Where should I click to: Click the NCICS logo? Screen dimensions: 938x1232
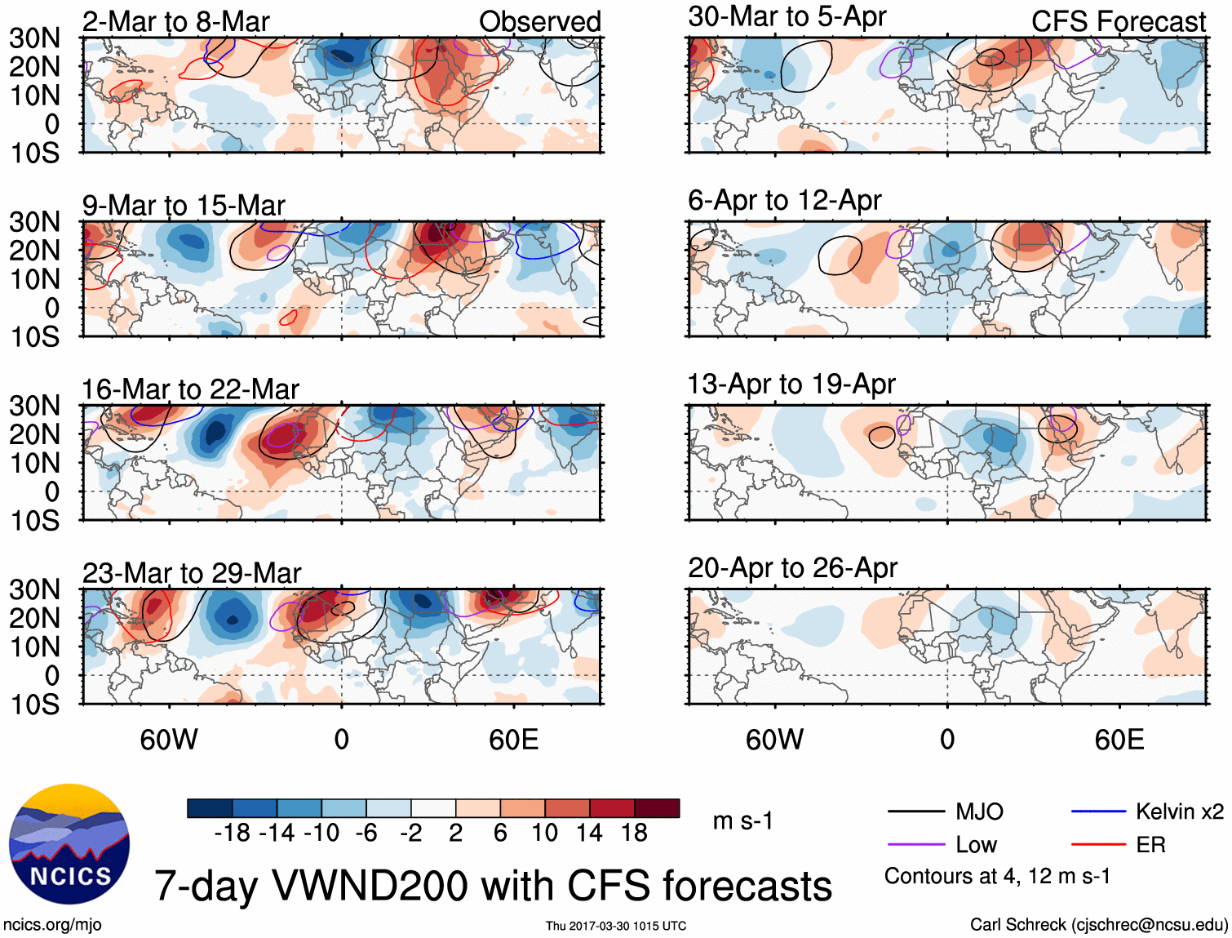click(69, 844)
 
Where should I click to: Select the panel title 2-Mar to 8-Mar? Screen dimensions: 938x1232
click(175, 22)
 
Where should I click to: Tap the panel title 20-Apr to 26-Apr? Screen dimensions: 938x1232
click(792, 567)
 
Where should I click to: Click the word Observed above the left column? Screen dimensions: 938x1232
click(539, 22)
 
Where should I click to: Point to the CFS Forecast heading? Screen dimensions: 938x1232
click(1118, 22)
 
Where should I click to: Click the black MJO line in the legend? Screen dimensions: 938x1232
click(916, 811)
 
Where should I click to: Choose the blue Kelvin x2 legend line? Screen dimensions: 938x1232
click(1099, 811)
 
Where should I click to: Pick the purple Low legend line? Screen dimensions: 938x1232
click(916, 845)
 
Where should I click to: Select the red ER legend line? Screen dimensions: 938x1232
click(1099, 845)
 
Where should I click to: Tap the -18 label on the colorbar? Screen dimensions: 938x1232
click(232, 833)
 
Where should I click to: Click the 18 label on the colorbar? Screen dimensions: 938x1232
click(634, 833)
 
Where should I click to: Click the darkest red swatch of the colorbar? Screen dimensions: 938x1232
click(657, 808)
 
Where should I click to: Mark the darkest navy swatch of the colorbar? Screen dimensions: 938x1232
click(210, 808)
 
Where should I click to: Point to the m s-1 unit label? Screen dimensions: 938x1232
click(742, 820)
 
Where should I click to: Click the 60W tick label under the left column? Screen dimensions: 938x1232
click(169, 740)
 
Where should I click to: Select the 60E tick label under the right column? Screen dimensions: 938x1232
click(1119, 740)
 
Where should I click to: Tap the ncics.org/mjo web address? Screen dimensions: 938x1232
click(52, 924)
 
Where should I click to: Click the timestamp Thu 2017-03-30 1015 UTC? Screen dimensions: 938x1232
click(616, 926)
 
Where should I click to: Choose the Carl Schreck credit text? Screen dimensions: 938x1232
click(1098, 924)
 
